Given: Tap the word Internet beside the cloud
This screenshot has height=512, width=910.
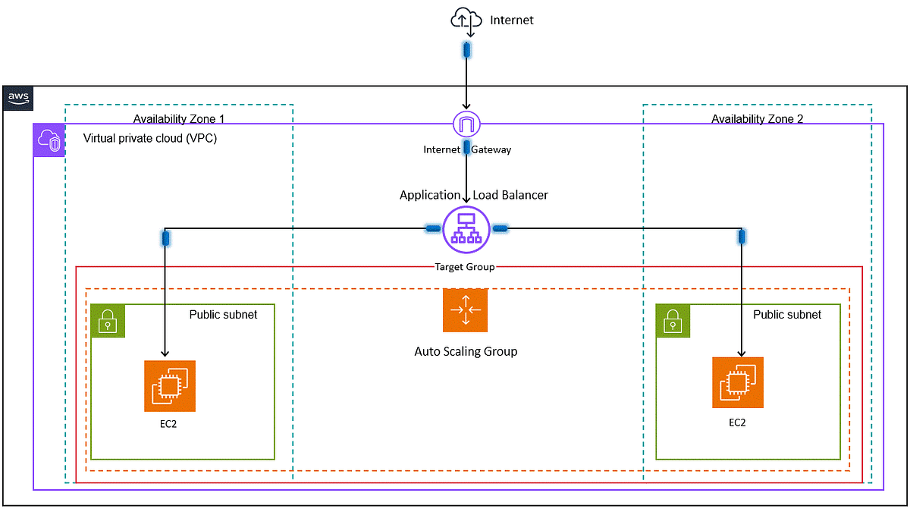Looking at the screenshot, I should tap(512, 20).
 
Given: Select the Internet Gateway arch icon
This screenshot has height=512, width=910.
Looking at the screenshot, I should tap(467, 124).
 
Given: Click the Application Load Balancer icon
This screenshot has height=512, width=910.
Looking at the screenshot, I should tap(466, 228).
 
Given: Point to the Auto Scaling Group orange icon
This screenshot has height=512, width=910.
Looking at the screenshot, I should tap(466, 310).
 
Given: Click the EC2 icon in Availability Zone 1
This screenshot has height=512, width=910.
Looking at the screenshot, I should tap(170, 386).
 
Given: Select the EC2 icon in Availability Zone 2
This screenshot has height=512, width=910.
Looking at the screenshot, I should tap(738, 382).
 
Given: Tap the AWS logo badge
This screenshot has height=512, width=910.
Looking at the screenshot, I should tap(18, 98).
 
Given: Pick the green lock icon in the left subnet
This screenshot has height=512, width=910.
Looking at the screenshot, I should tap(108, 322).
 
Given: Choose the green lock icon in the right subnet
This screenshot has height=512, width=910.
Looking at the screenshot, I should tap(673, 322).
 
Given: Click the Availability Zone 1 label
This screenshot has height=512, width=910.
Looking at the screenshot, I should tap(179, 118).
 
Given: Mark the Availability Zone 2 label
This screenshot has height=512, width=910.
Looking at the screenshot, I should tap(757, 118).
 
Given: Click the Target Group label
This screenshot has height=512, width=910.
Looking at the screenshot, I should tap(465, 267).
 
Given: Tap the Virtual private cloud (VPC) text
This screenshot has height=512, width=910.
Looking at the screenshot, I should tap(150, 139).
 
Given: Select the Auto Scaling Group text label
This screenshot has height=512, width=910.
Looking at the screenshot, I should tap(466, 351).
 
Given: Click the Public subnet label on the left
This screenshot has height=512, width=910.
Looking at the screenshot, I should tap(223, 314).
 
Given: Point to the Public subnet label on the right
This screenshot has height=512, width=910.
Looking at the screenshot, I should tap(786, 314).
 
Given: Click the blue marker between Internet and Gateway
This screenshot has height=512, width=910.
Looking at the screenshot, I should tap(467, 147).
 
